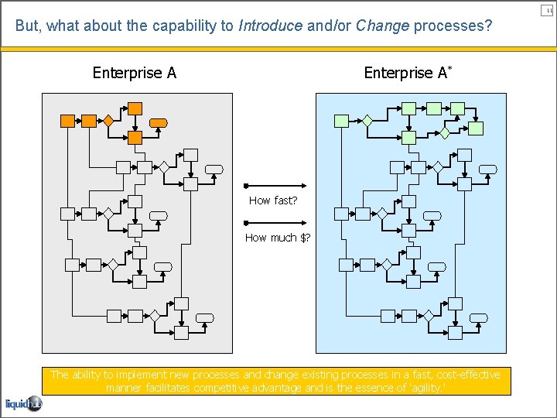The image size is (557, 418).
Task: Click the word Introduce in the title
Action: coord(270,26)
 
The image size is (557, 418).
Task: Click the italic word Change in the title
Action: coord(382,26)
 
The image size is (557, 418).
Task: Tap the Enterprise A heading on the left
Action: coord(135,73)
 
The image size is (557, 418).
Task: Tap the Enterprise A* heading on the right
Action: coord(408,73)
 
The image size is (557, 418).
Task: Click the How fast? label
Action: coord(273,200)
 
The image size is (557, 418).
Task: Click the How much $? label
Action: coord(278,238)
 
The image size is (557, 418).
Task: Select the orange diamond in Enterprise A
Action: coord(109,121)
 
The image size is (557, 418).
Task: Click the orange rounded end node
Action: coord(159,122)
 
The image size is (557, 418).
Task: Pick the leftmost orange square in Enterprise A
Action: coord(67,121)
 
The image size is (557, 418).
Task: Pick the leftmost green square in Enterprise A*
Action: coord(341,121)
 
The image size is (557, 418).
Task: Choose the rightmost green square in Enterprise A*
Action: coord(477,128)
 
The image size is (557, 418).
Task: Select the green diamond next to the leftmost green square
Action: coord(367,121)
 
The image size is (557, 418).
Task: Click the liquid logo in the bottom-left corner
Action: coord(23,403)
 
